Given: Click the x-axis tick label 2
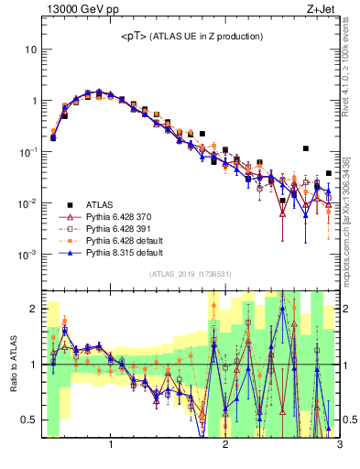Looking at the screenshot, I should tap(225, 446).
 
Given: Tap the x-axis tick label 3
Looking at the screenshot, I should tap(339, 446).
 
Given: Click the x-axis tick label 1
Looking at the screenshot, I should tap(111, 446).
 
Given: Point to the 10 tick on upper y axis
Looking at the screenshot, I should tap(31, 49).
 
